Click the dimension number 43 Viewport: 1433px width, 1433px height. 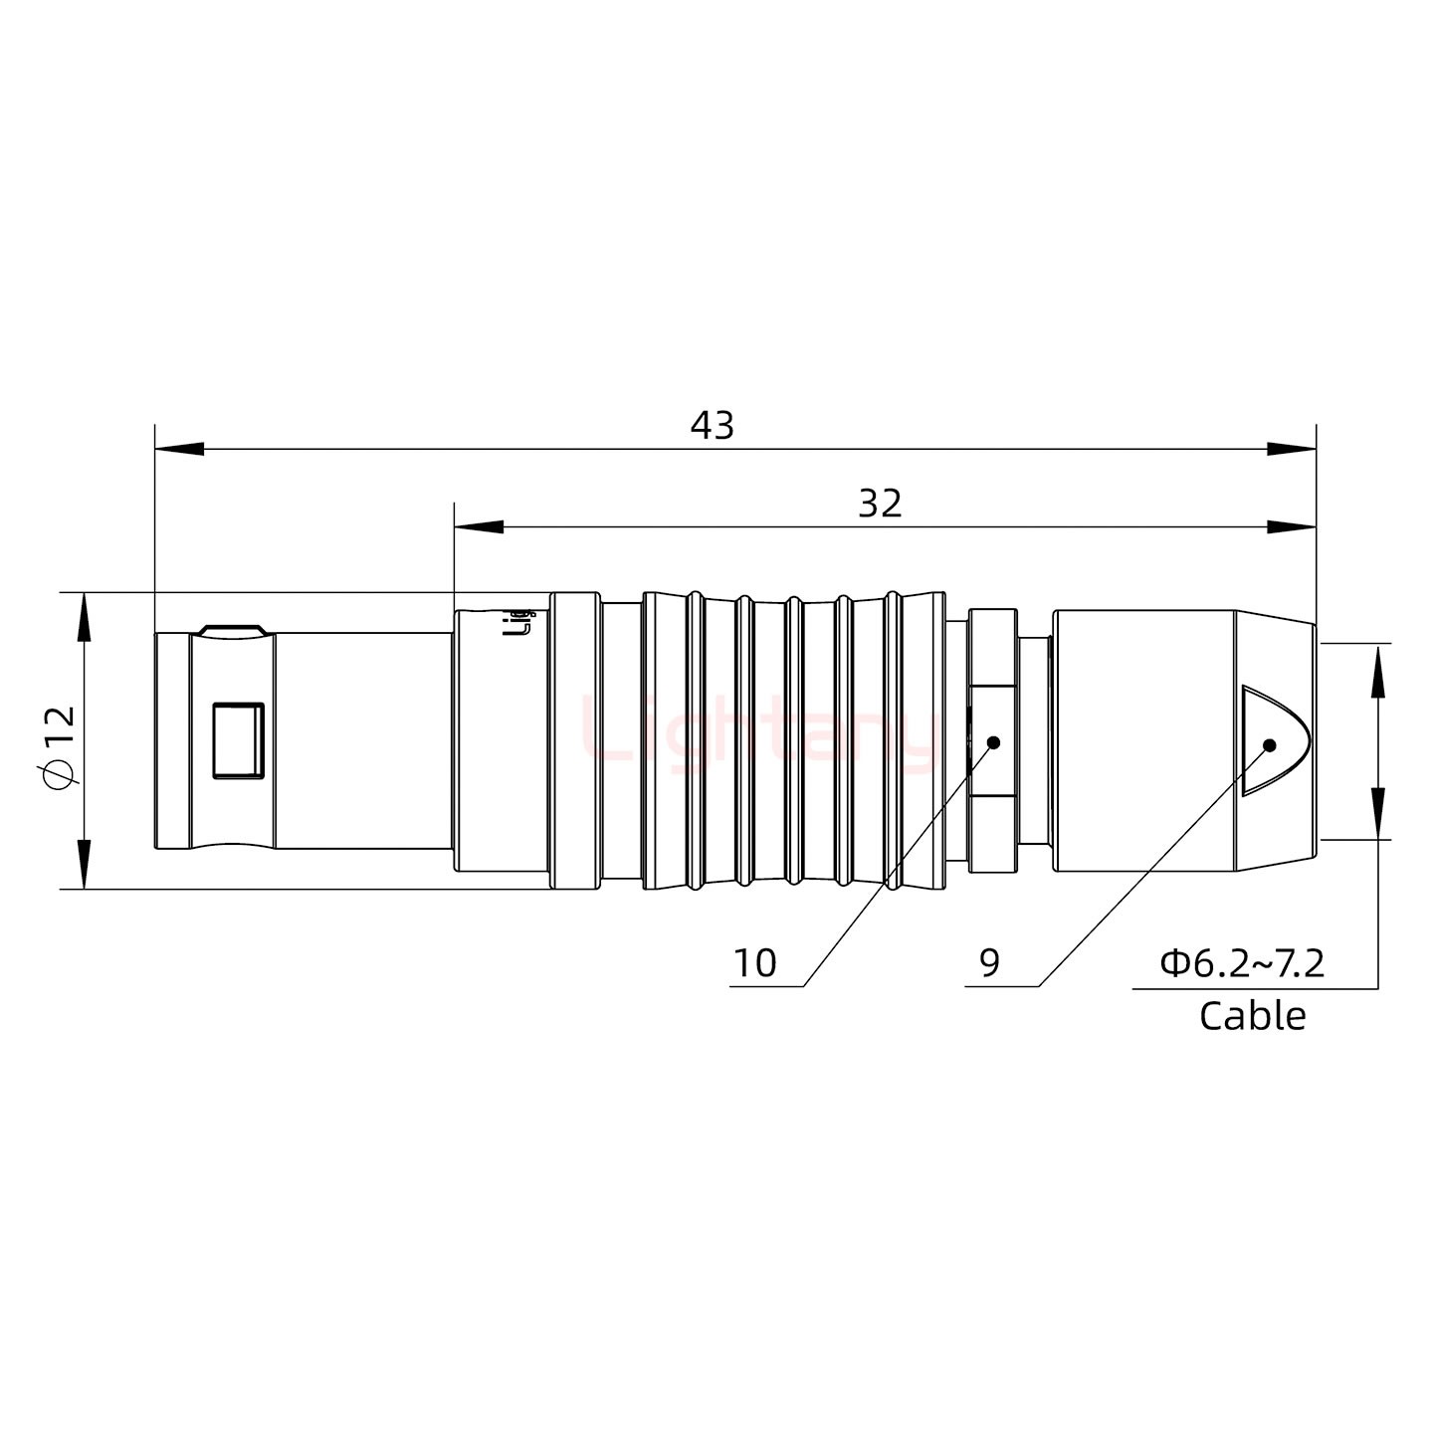pyautogui.click(x=712, y=426)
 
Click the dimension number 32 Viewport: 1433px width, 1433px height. pyautogui.click(x=880, y=505)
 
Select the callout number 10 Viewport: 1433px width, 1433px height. pyautogui.click(x=754, y=963)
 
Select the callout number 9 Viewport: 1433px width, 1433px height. pyautogui.click(x=989, y=963)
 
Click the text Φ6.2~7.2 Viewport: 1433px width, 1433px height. pyautogui.click(x=1242, y=963)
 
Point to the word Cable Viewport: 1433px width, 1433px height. pyautogui.click(x=1252, y=1016)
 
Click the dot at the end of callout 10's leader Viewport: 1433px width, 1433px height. pyautogui.click(x=992, y=742)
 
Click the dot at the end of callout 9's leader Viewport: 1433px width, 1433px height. pyautogui.click(x=1269, y=745)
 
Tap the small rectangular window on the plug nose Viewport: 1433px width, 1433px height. pyautogui.click(x=239, y=739)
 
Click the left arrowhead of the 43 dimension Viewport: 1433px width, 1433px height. pyautogui.click(x=179, y=449)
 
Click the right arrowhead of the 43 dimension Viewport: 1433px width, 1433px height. pyautogui.click(x=1291, y=449)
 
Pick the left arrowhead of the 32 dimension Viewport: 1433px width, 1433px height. pyautogui.click(x=478, y=526)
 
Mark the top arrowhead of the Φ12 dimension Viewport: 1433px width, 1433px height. pyautogui.click(x=84, y=617)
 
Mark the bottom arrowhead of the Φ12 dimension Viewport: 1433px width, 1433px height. pyautogui.click(x=84, y=864)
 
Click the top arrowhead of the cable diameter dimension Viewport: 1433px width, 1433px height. pyautogui.click(x=1378, y=669)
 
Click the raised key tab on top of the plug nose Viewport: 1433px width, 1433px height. pyautogui.click(x=231, y=630)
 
